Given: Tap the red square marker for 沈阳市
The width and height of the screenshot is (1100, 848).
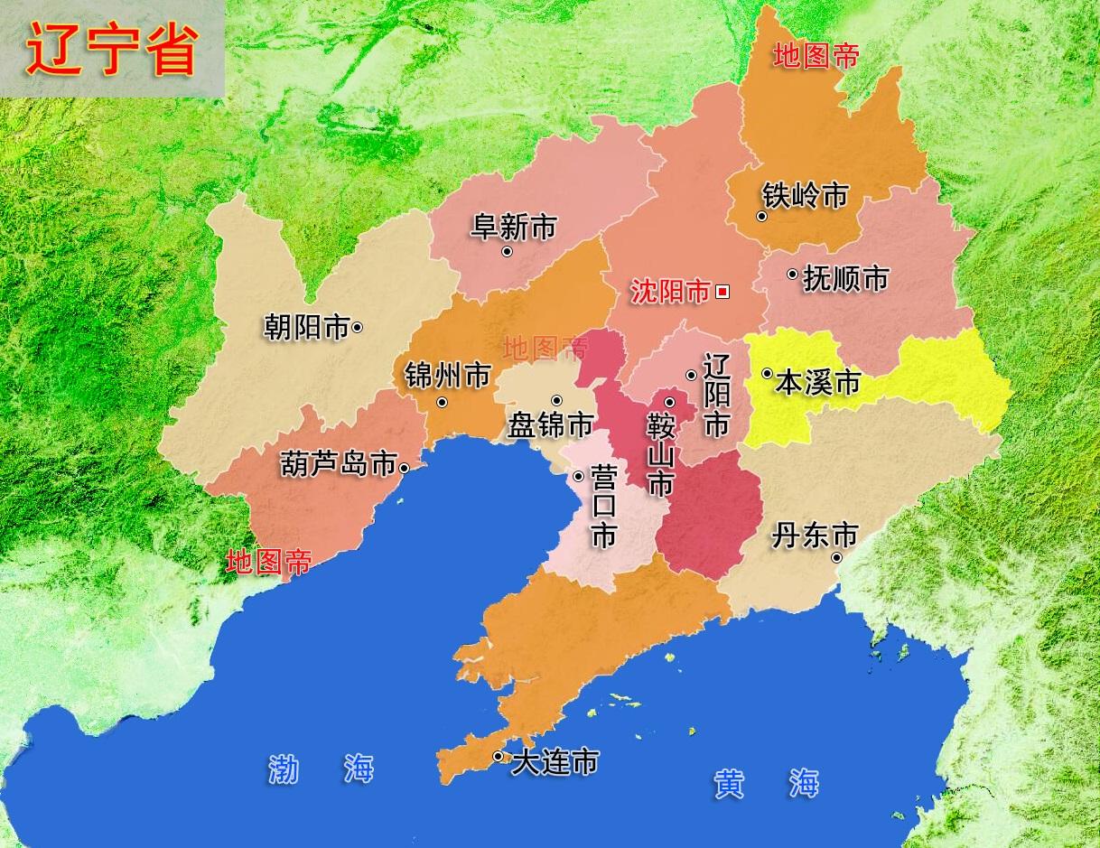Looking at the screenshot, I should coord(722,292).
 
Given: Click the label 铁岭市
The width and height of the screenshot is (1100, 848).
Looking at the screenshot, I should coord(805,194).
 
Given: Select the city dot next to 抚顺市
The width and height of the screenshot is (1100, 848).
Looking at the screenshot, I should coord(792,274).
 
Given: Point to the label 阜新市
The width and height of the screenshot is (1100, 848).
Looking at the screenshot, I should coord(513,227).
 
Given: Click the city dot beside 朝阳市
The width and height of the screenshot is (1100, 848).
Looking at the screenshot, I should coord(358,327).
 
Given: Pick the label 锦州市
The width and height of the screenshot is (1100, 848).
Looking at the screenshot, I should coord(447,375).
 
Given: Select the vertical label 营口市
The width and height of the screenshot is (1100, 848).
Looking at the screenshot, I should coord(603,507).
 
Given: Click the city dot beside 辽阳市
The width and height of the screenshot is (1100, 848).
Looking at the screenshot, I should coord(691,375).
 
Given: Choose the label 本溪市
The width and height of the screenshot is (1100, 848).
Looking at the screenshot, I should coord(817,382).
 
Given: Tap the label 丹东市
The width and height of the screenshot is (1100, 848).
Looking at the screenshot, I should coord(814,536).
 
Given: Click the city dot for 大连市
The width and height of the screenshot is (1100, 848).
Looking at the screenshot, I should coord(498,756).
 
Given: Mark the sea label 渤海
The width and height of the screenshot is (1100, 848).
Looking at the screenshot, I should coord(321,769).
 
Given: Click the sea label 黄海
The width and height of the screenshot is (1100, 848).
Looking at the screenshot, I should coord(766,782).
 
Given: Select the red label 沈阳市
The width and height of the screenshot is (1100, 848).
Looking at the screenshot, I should coord(670,292).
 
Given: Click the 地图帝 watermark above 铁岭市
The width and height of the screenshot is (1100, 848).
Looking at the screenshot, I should coord(816,57).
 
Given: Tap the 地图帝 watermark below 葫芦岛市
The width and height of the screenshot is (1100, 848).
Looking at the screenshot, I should coord(268,563).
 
